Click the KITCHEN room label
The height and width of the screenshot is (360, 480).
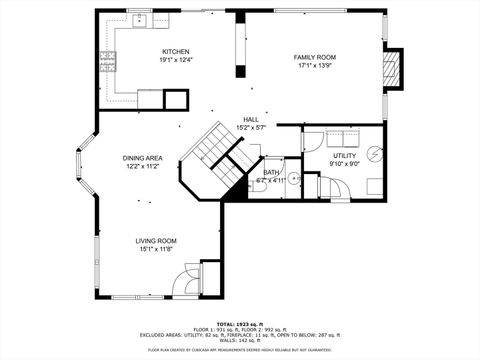[x=176, y=52]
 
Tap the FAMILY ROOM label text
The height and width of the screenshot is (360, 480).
[x=314, y=57]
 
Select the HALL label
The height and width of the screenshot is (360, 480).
[x=250, y=119]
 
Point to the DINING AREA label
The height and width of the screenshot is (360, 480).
[x=143, y=158]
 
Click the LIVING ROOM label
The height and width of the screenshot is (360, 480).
[x=156, y=240]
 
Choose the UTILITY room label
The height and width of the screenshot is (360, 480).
[x=345, y=156]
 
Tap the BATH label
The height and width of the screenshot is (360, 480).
[x=271, y=173]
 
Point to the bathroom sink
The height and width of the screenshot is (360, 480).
[x=294, y=180]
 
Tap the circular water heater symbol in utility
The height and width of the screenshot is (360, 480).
[x=373, y=153]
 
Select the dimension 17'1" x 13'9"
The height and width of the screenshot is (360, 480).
[x=314, y=66]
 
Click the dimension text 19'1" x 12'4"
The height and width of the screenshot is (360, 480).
[x=176, y=61]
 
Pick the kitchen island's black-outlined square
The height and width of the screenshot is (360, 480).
[x=176, y=99]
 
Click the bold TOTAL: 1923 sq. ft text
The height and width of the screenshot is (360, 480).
[x=240, y=325]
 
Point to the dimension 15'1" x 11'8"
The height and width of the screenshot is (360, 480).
[x=156, y=249]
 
